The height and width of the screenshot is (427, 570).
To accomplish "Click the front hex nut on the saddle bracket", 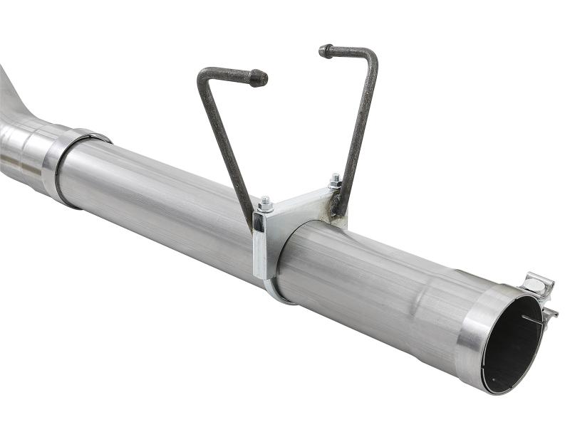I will tap(266, 205).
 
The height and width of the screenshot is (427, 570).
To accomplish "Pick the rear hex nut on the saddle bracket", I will tap(334, 180).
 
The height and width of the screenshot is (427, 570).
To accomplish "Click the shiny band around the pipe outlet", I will tap(474, 334).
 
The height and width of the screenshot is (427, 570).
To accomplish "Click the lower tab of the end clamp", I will tap(549, 312).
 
